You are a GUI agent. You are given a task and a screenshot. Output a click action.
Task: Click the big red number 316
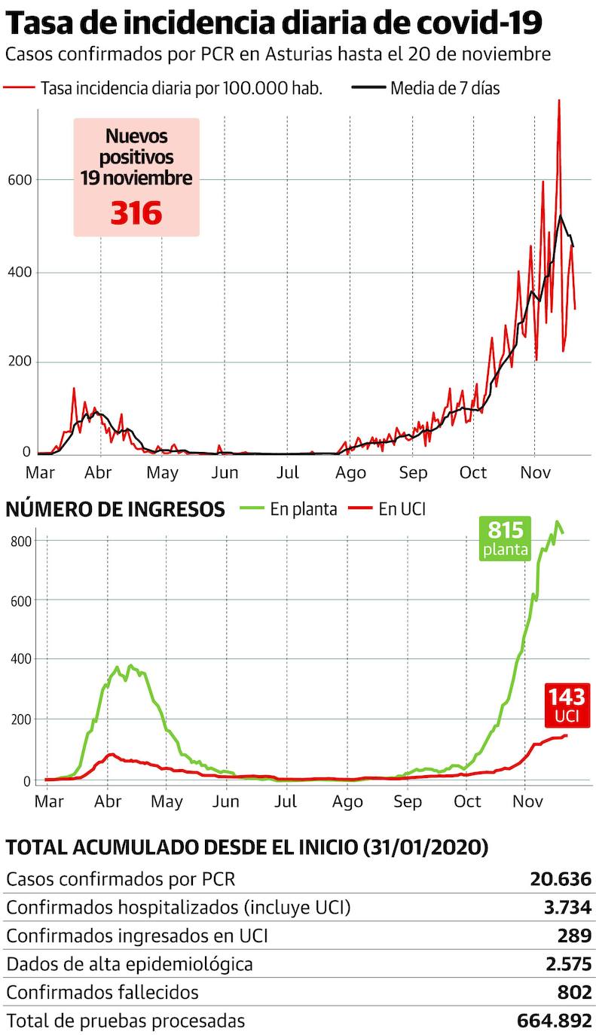tap(136, 213)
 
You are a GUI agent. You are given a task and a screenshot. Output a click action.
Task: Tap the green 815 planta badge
tap(506, 538)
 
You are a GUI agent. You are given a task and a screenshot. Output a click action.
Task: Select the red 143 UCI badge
tap(566, 704)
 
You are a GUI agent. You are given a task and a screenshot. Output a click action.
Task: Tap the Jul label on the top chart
tap(287, 473)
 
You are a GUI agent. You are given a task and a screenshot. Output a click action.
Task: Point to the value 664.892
tap(555, 1021)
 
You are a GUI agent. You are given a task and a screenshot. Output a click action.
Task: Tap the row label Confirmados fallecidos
tap(102, 992)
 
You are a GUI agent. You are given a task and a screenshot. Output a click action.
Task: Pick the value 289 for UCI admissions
tap(575, 936)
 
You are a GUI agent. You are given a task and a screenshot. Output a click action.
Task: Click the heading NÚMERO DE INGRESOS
tap(115, 510)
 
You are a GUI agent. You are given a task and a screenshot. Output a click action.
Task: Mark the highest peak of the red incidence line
tap(558, 101)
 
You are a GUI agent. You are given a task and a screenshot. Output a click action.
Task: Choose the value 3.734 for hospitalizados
tap(567, 908)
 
